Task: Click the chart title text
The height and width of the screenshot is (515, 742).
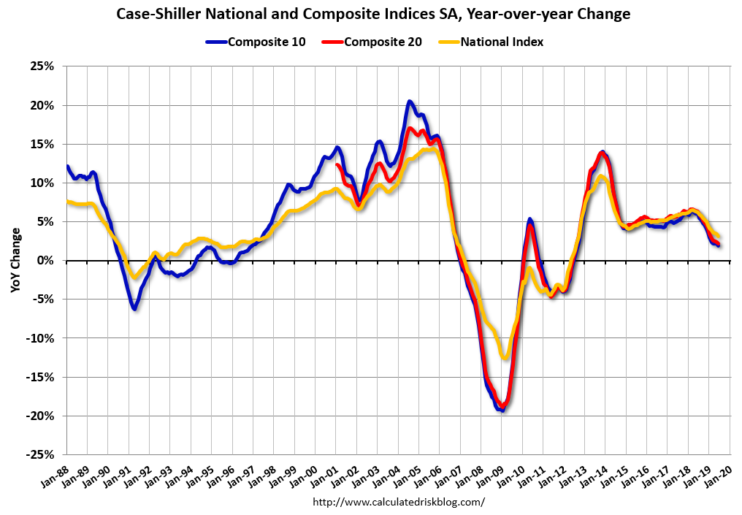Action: tap(371, 14)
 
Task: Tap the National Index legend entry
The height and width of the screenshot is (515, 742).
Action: tap(492, 42)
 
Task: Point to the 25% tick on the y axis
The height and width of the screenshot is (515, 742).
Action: tap(42, 66)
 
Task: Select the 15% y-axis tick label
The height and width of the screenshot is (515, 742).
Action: tap(42, 144)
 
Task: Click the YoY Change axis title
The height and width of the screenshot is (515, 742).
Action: tap(15, 261)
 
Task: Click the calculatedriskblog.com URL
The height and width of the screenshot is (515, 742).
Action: tap(399, 502)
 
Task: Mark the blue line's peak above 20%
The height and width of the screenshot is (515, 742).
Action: tap(410, 102)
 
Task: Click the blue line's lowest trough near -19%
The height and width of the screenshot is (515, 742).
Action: tap(502, 410)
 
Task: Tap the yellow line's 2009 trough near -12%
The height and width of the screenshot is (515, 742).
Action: tap(504, 357)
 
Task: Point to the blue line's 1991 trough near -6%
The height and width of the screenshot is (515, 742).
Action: tap(134, 309)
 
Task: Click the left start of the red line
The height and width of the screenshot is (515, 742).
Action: tap(337, 164)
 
